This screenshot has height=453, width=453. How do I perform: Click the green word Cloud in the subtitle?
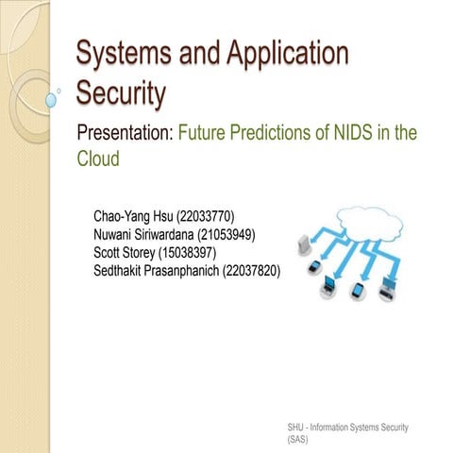point(98,159)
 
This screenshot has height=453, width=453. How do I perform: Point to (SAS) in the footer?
point(299,440)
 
